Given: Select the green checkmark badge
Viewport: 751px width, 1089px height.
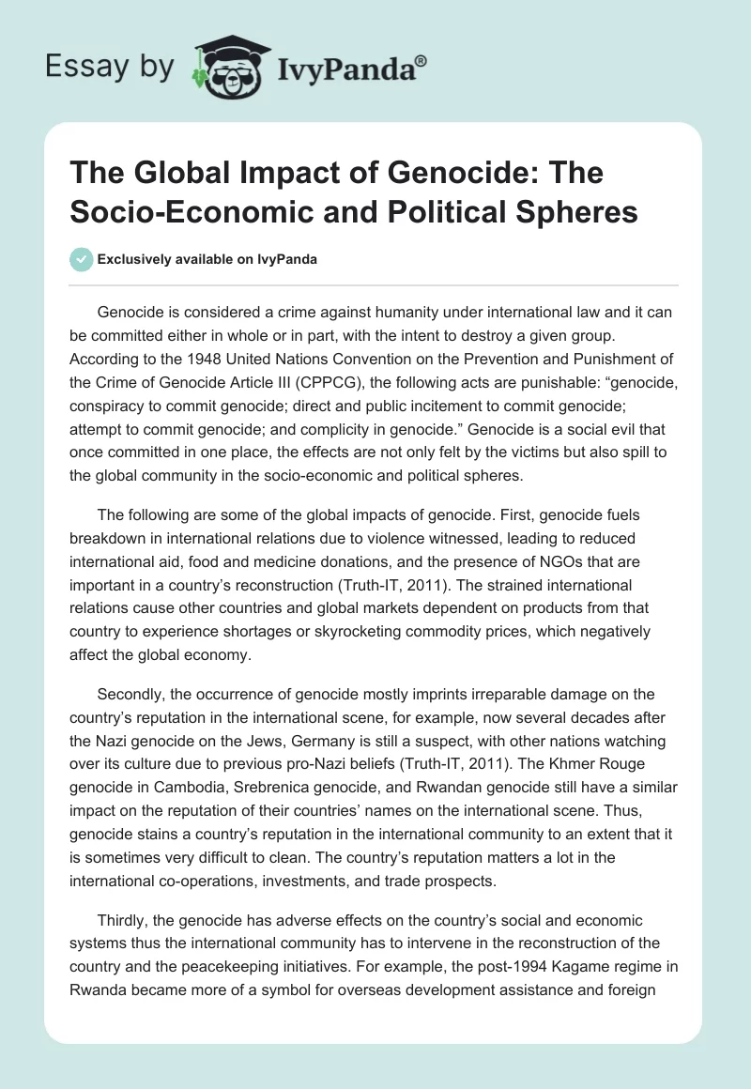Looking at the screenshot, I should pos(81,259).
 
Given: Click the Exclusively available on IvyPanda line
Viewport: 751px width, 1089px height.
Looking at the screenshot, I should pos(206,259).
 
